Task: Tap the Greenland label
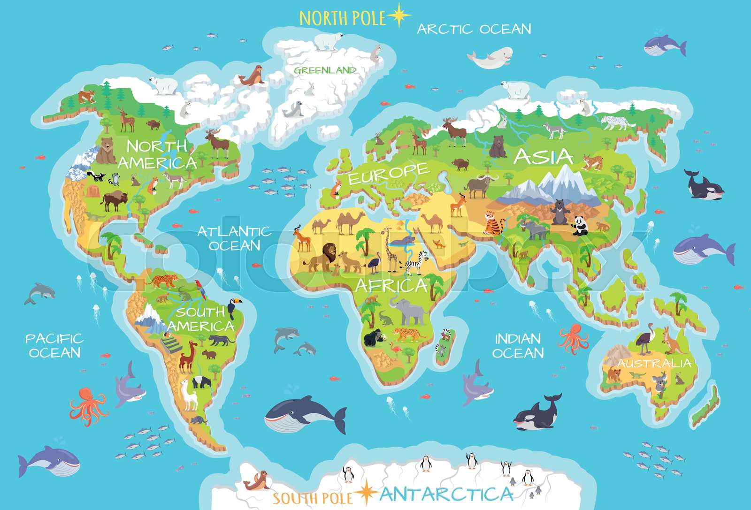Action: coord(324,70)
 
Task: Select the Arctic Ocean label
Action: coord(474,29)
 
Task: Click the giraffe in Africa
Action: coord(389,249)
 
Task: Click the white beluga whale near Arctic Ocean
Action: coord(486,60)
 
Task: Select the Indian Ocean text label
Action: coord(518,345)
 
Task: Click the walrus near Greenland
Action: coord(253,76)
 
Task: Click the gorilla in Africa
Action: coord(374,337)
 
